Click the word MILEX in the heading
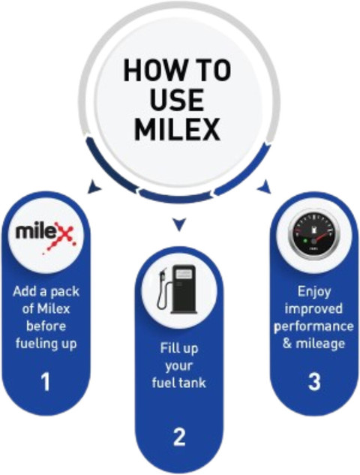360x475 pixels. (x=177, y=130)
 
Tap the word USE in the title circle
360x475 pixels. (x=177, y=100)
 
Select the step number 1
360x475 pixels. (x=46, y=382)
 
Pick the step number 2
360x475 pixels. (x=179, y=437)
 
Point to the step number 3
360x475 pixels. (x=314, y=381)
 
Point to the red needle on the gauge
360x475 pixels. (x=321, y=237)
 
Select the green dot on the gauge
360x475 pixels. (x=305, y=241)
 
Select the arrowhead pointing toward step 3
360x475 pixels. (x=264, y=187)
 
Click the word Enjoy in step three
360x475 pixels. (x=314, y=292)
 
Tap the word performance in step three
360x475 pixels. (x=313, y=327)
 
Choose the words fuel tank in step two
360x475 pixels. (x=179, y=383)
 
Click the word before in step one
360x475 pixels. (x=46, y=326)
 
